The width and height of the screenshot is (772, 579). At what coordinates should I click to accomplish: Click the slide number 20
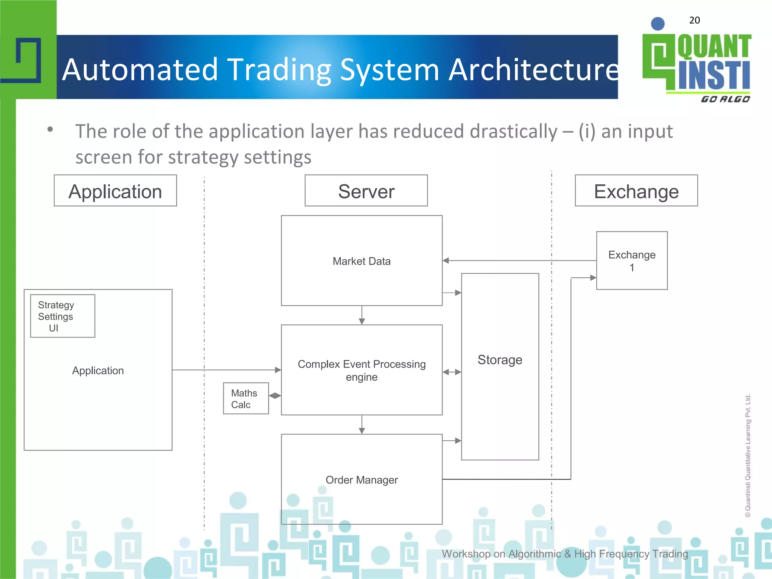click(694, 20)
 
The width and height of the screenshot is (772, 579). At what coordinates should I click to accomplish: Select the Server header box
click(366, 191)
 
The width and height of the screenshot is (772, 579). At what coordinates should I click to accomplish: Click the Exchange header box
click(636, 191)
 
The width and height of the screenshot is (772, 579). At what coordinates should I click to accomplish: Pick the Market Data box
click(361, 261)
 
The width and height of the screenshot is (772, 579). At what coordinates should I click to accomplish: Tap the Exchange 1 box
click(632, 261)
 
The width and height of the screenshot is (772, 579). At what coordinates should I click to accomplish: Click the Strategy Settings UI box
click(63, 316)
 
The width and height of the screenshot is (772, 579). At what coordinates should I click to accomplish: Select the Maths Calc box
click(246, 398)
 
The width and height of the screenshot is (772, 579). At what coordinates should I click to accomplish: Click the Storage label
click(500, 360)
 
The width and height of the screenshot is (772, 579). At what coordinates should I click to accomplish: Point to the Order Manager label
click(361, 480)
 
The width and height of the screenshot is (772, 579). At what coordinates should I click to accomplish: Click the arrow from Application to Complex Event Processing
click(226, 370)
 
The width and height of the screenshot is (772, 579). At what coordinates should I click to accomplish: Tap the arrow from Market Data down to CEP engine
click(362, 315)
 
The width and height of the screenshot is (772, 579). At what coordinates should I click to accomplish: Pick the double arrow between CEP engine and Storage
click(452, 372)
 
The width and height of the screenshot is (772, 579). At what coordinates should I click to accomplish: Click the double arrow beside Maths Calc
click(275, 395)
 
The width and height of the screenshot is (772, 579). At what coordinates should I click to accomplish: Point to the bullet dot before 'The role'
click(50, 130)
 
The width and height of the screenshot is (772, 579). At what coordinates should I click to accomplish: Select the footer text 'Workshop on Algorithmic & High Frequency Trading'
click(565, 554)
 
